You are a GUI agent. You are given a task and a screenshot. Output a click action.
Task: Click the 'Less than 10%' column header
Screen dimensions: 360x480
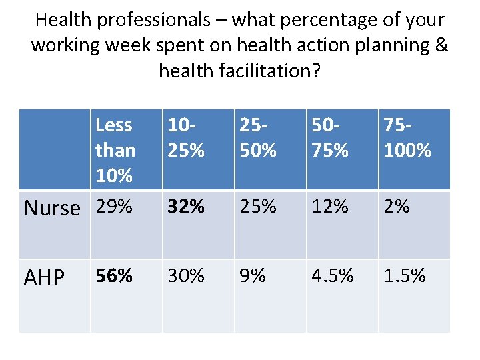(115, 150)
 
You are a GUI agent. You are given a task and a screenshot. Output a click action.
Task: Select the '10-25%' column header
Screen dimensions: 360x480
(186, 138)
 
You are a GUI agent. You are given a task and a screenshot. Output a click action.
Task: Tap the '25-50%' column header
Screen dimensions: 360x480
(258, 138)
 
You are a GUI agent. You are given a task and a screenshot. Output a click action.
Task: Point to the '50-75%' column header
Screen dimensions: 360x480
(331, 138)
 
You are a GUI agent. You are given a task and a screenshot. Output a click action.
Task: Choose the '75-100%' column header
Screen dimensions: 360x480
(407, 138)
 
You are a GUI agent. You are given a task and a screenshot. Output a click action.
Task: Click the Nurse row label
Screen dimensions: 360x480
(52, 209)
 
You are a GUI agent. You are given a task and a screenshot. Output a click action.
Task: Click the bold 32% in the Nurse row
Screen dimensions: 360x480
(186, 207)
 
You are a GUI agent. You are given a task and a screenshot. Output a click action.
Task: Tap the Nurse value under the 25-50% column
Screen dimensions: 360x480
(258, 207)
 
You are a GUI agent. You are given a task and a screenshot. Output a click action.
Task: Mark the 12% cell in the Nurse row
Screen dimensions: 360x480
(331, 207)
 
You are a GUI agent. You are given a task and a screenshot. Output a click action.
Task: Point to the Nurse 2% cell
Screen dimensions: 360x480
(397, 207)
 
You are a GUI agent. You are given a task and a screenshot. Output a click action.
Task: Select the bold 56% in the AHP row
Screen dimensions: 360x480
(114, 275)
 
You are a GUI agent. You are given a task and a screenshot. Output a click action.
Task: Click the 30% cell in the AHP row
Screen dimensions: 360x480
(186, 275)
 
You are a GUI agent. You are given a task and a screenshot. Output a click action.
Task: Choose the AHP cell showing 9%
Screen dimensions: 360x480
(253, 275)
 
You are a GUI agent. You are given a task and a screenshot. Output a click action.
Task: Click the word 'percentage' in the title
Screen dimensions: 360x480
(287, 21)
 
